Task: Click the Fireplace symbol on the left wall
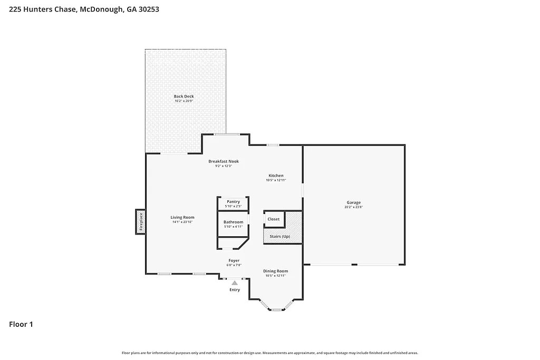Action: tap(140, 221)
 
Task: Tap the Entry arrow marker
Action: tap(235, 283)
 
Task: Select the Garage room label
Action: tap(353, 202)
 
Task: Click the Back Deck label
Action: tap(184, 96)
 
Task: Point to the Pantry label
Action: tap(233, 202)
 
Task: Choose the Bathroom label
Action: tap(233, 222)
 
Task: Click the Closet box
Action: tap(274, 219)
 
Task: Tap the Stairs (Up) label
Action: tap(279, 237)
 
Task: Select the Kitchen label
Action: tap(276, 176)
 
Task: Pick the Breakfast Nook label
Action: tap(224, 161)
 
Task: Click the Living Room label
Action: tap(182, 217)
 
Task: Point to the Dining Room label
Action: tap(275, 271)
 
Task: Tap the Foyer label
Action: tap(234, 260)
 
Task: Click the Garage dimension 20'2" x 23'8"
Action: tap(353, 207)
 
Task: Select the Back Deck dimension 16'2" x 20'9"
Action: tap(184, 101)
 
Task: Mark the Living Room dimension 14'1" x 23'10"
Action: tap(182, 222)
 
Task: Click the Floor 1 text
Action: tap(21, 325)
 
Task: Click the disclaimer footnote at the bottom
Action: tap(270, 353)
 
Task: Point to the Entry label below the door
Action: tap(235, 290)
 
